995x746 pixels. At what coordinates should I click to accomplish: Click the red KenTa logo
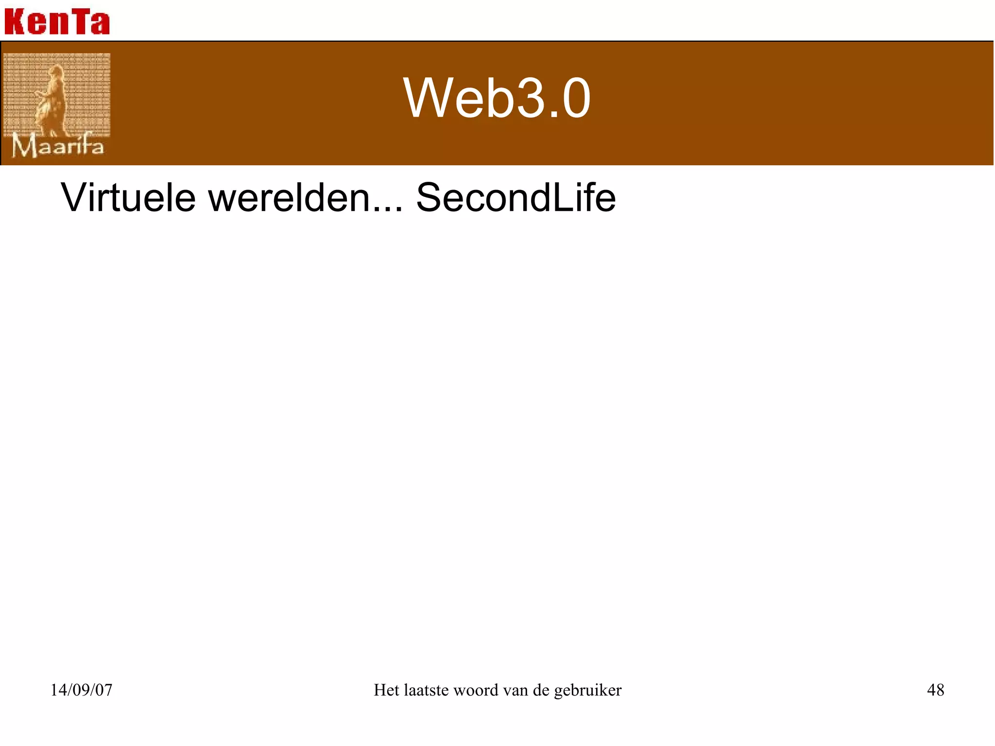pyautogui.click(x=57, y=22)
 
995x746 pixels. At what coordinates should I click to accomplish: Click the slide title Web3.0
pyautogui.click(x=497, y=98)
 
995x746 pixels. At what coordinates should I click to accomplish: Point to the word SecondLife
pyautogui.click(x=516, y=198)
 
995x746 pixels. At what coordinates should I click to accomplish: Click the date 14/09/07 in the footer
pyautogui.click(x=81, y=690)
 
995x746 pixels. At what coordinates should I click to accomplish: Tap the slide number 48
pyautogui.click(x=935, y=690)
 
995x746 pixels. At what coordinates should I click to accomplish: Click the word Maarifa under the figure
pyautogui.click(x=58, y=146)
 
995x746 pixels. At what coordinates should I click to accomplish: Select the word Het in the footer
pyautogui.click(x=386, y=690)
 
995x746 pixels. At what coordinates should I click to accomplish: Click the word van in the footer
pyautogui.click(x=515, y=690)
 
